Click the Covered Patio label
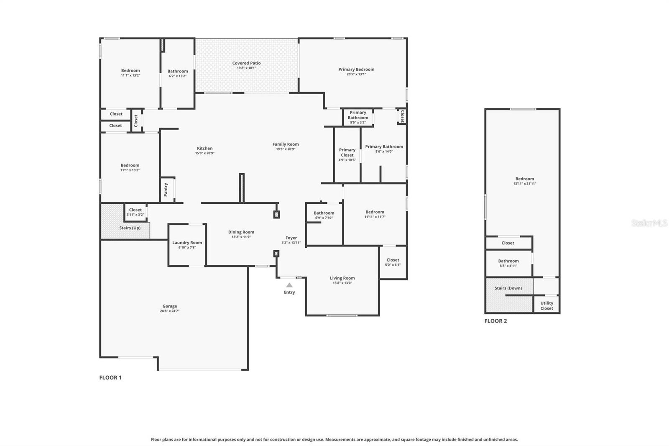(246, 63)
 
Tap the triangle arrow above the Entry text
(289, 285)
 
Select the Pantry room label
(166, 190)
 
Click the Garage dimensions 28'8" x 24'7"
(169, 311)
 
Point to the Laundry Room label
(187, 243)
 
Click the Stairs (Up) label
(130, 228)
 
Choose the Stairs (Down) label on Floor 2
(508, 288)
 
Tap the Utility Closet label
(546, 306)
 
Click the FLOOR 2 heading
(495, 321)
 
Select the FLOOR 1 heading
(110, 377)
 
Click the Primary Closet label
(347, 152)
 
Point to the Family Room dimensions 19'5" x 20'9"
(286, 149)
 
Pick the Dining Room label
(241, 232)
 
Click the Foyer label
(291, 238)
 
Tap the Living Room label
(342, 278)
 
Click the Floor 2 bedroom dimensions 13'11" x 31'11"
(524, 184)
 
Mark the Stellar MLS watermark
(649, 223)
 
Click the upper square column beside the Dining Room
(276, 215)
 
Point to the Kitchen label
(204, 149)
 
